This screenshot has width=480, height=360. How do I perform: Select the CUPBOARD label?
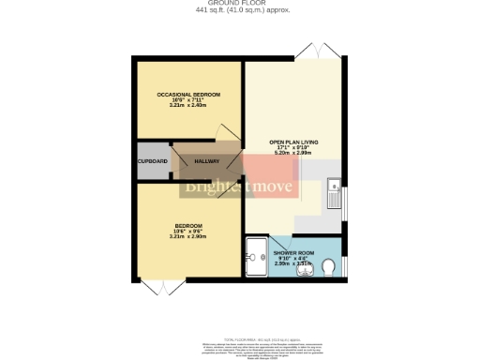153,162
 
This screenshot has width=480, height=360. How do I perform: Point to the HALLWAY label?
206,162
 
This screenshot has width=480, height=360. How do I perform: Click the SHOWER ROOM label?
293,254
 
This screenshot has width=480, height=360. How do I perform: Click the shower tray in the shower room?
255,250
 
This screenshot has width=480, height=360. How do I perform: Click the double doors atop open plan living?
310,50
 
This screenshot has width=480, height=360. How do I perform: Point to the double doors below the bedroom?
162,287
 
